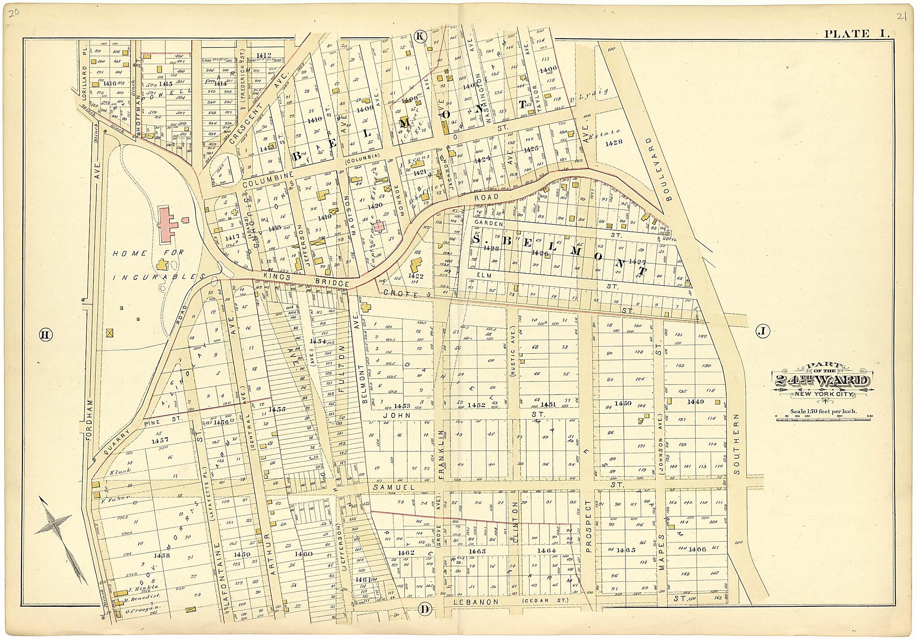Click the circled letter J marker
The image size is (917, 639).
tap(762, 331)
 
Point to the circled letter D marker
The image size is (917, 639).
tap(425, 609)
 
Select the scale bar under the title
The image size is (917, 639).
tap(823, 416)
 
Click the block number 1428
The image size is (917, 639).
tap(613, 143)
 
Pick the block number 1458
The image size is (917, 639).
tap(161, 555)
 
